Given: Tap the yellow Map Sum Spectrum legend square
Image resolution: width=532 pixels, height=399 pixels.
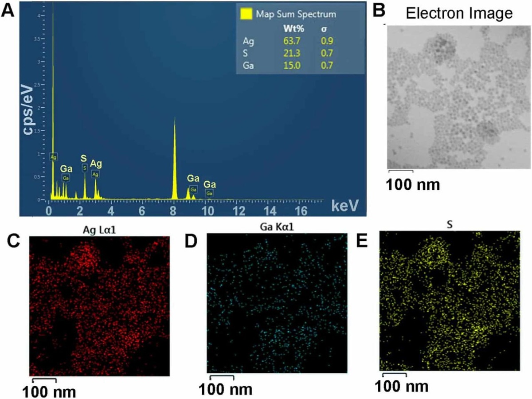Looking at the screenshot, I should pos(247,14).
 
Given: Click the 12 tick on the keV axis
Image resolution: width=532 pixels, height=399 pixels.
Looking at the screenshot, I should pos(238,209).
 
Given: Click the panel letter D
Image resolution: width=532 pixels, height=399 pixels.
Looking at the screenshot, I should pos(190,242).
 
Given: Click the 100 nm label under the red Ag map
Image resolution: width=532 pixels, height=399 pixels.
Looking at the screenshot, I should pos(49,391).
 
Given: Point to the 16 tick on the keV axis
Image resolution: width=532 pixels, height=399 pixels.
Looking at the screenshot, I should pos(301,209).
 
